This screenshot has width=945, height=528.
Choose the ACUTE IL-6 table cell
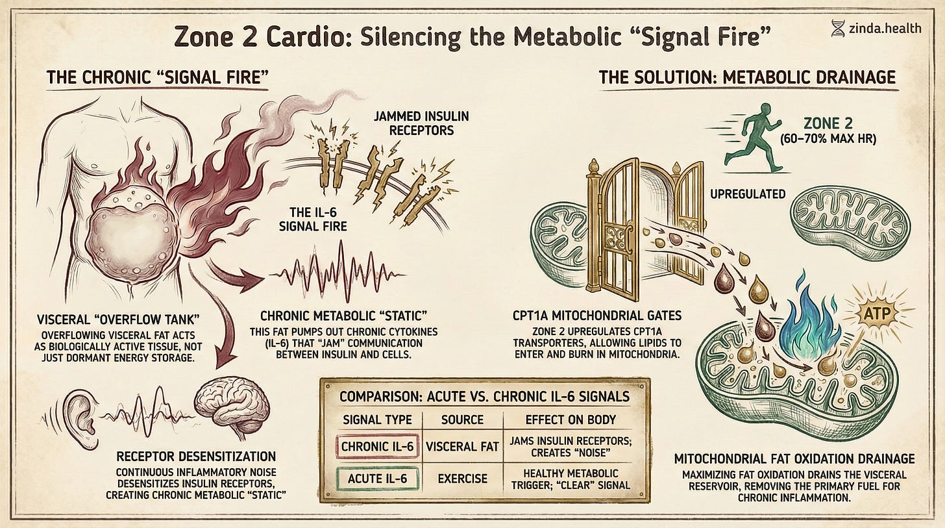click(x=380, y=478)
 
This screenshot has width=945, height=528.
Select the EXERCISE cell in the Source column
click(x=463, y=479)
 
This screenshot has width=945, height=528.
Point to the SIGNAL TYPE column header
click(x=380, y=419)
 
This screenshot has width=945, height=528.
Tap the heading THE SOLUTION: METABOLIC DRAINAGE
click(x=747, y=77)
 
